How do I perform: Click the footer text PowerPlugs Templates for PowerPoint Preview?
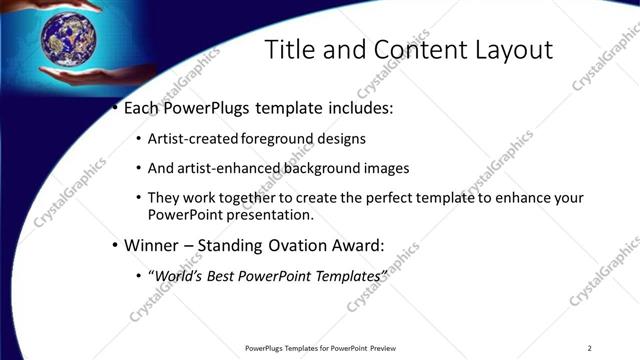click(x=320, y=348)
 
